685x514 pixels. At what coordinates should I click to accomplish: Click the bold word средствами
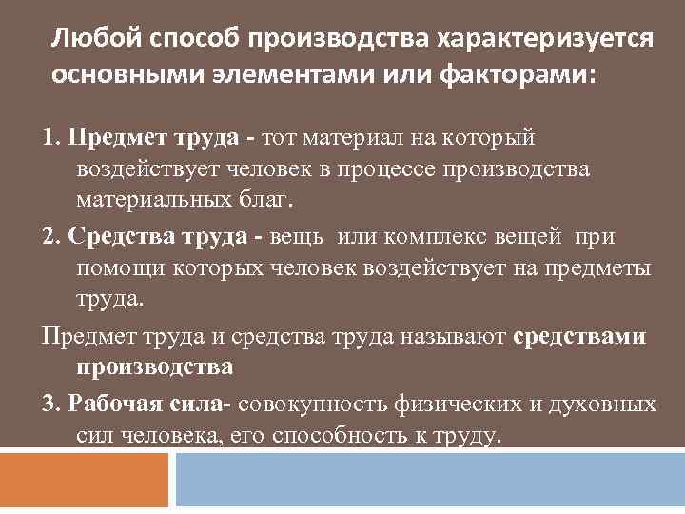[580, 336]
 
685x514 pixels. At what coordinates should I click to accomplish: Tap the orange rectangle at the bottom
[85, 480]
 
